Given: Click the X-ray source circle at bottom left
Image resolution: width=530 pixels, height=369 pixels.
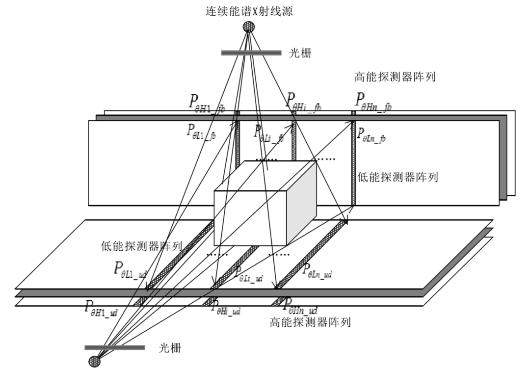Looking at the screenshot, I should point(94,362).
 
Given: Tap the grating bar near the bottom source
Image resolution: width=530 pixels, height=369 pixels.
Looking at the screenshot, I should point(115,347).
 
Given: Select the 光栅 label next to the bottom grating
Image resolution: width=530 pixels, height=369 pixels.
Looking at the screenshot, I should point(170,348).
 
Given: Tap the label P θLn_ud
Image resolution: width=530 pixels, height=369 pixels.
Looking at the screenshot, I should point(317,270).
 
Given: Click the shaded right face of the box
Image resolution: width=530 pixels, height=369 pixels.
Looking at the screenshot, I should point(301,203).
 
